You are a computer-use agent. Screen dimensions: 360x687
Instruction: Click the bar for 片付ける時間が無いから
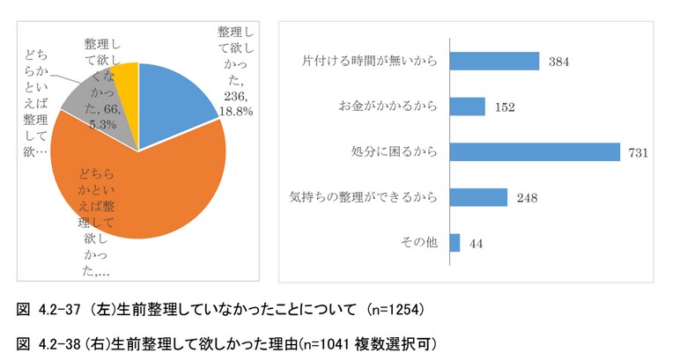[x=494, y=62]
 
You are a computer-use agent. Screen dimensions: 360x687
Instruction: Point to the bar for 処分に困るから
[x=535, y=152]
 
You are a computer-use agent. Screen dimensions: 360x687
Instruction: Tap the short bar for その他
[x=455, y=243]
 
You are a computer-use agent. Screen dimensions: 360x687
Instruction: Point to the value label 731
[x=639, y=153]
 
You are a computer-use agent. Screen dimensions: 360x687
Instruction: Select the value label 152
[x=505, y=107]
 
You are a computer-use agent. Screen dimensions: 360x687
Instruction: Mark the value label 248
[x=527, y=198]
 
